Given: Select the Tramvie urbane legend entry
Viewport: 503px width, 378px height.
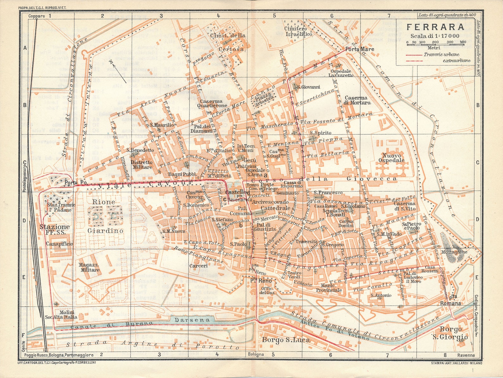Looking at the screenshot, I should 437,54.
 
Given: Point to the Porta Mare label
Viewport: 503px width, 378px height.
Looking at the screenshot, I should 359,49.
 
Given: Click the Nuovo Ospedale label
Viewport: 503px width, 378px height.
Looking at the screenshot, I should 392,158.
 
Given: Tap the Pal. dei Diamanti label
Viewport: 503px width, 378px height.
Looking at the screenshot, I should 201,128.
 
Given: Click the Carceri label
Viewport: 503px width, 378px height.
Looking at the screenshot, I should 198,266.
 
